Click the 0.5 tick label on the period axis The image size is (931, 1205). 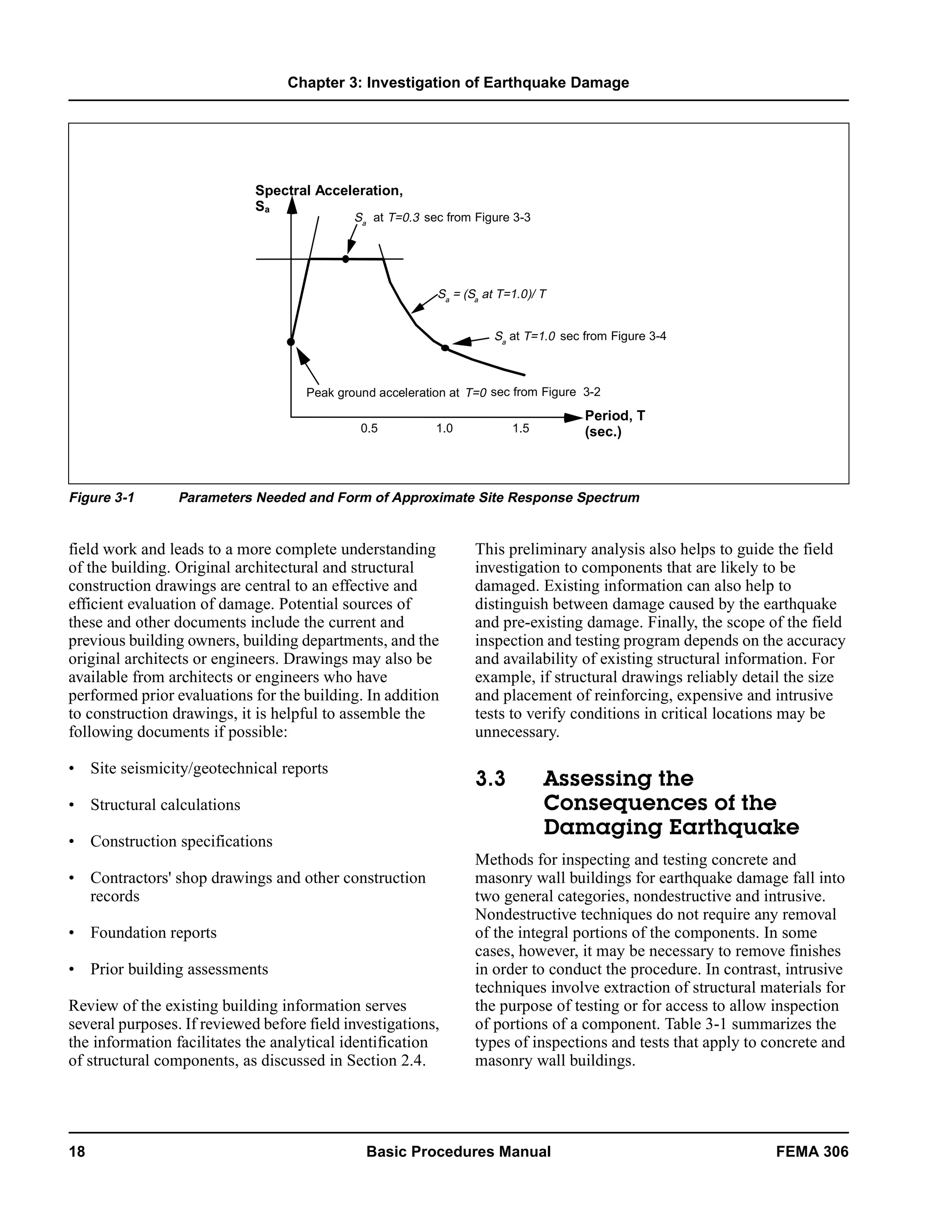(369, 429)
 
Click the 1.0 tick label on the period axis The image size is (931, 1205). (444, 429)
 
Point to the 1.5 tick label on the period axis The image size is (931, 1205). (520, 429)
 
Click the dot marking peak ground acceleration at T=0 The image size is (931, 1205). (291, 342)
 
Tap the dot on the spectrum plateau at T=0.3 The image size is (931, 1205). (346, 259)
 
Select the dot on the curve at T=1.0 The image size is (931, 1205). (445, 347)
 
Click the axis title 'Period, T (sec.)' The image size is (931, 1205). (615, 423)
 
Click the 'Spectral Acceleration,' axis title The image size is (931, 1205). (329, 191)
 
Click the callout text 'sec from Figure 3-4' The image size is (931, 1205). (613, 336)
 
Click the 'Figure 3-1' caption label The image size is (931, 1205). (101, 497)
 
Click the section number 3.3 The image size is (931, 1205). (491, 779)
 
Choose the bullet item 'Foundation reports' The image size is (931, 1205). (153, 933)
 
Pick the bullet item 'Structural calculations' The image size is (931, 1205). (165, 804)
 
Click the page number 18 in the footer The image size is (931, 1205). (77, 1151)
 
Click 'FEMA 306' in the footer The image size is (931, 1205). (812, 1151)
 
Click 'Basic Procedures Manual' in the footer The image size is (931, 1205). (458, 1151)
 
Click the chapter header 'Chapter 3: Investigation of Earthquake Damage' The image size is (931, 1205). (458, 83)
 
